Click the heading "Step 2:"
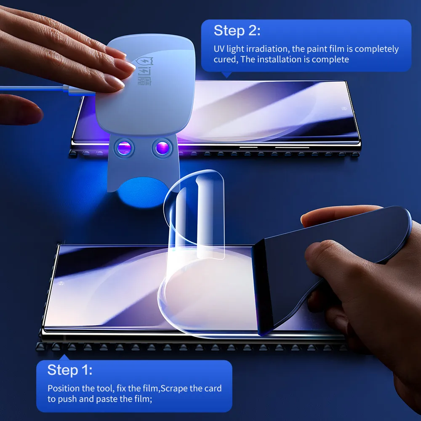pos(237,31)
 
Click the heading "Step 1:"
pos(70,370)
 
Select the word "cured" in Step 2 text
pos(225,59)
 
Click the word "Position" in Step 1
pos(62,388)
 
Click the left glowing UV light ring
pos(124,148)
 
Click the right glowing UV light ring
pos(162,148)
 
